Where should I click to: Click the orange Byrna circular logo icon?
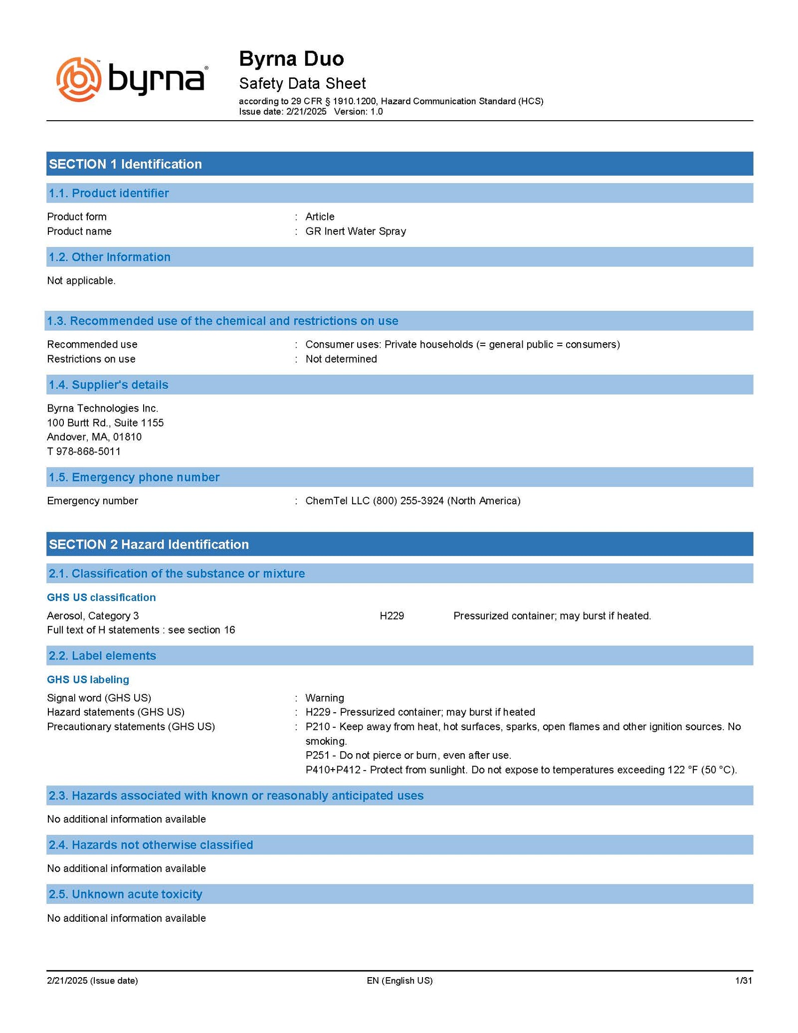pyautogui.click(x=79, y=79)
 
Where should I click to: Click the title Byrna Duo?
pyautogui.click(x=291, y=59)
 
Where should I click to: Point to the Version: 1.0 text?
pyautogui.click(x=358, y=112)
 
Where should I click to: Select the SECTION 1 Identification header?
pyautogui.click(x=125, y=164)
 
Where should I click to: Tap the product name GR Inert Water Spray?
pyautogui.click(x=356, y=231)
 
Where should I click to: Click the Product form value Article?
pyautogui.click(x=320, y=217)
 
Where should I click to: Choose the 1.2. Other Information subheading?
pyautogui.click(x=109, y=257)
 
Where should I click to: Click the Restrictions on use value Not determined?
pyautogui.click(x=341, y=359)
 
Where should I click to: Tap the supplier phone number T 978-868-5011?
pyautogui.click(x=84, y=451)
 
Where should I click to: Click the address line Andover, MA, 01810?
pyautogui.click(x=94, y=437)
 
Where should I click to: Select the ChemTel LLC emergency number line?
pyautogui.click(x=413, y=501)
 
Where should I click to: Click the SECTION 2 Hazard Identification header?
pyautogui.click(x=149, y=545)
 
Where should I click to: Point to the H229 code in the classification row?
pyautogui.click(x=392, y=616)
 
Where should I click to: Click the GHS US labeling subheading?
pyautogui.click(x=88, y=680)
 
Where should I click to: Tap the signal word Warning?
pyautogui.click(x=325, y=698)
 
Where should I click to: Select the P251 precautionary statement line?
pyautogui.click(x=408, y=755)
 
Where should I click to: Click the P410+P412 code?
pyautogui.click(x=333, y=770)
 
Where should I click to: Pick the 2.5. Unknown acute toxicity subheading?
pyautogui.click(x=125, y=894)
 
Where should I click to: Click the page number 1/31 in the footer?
pyautogui.click(x=743, y=981)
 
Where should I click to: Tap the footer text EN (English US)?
pyautogui.click(x=399, y=981)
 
